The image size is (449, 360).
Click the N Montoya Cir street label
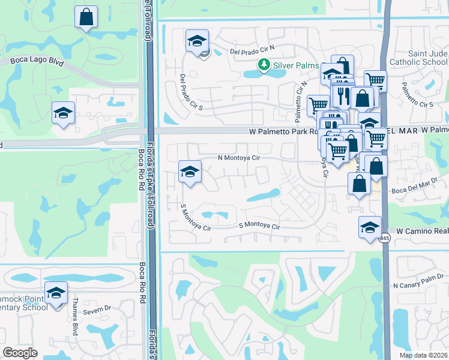click(x=238, y=158)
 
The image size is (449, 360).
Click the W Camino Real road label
click(x=422, y=230)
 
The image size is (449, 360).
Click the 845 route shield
click(x=384, y=239)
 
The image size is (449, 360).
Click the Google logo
click(x=20, y=353)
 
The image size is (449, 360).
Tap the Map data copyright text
click(x=423, y=355)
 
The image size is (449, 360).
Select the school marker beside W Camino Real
click(x=370, y=227)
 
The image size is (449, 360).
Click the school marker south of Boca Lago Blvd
click(x=63, y=113)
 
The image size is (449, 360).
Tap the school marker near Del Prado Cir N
click(x=197, y=41)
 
